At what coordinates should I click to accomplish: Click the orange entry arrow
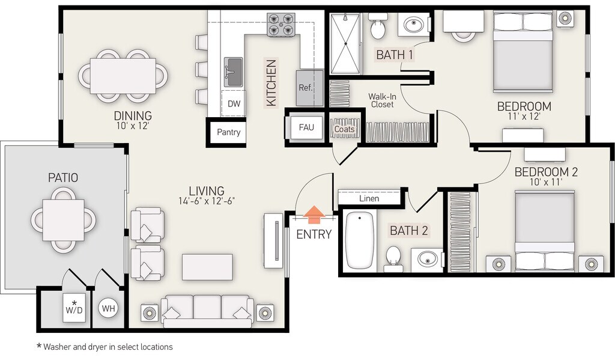314,215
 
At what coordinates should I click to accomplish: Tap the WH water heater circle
109,308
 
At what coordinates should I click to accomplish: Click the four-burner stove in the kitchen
281,25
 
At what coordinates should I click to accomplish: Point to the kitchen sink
234,72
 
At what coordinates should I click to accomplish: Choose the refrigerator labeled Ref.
309,88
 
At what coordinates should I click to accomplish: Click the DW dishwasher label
234,103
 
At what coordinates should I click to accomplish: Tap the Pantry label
229,132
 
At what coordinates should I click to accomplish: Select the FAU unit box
306,127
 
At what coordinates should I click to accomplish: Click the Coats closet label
344,129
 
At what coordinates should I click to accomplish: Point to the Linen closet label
369,198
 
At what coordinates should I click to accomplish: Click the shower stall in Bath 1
345,44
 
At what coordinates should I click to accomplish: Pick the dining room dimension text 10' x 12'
133,126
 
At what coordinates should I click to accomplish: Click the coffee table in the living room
207,267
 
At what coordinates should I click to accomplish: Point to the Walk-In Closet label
383,100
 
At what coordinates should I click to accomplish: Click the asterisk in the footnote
39,346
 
